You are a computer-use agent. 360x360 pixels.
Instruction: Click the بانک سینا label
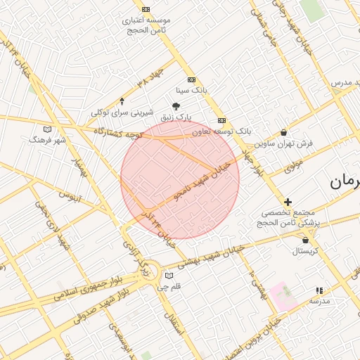192,91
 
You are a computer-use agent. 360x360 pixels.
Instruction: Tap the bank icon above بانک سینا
191,80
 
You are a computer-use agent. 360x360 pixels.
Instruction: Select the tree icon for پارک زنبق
176,105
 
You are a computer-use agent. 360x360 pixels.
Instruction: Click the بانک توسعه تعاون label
221,131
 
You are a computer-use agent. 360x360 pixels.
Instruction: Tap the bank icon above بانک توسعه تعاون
221,120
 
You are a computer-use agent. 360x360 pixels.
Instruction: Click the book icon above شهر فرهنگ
48,129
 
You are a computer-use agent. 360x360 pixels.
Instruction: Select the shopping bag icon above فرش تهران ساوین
283,132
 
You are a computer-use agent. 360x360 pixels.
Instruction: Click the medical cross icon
288,202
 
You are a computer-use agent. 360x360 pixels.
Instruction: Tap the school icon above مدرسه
319,290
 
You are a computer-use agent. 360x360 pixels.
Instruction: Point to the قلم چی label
168,286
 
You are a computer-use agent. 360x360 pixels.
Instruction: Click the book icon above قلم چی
168,276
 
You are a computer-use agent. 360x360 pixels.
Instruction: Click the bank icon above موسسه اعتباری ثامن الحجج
146,9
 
